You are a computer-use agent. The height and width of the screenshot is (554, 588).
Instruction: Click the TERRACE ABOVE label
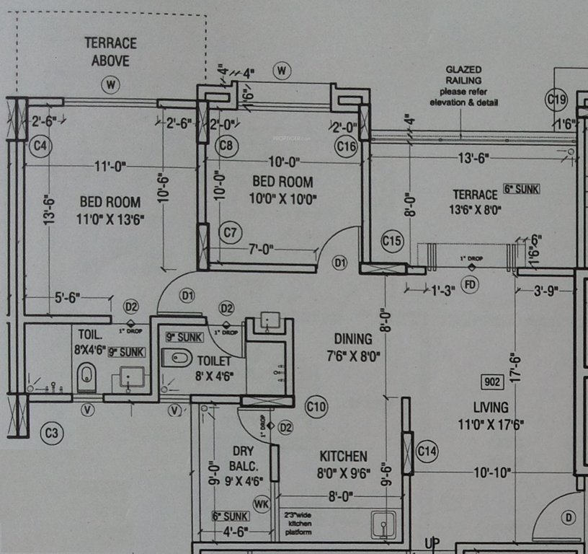coord(110,51)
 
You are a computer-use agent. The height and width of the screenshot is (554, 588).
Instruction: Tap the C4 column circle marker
coord(40,146)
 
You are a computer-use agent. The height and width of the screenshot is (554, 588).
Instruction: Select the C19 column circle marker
coord(557,100)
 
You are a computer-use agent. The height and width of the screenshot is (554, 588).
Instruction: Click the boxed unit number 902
coord(493,382)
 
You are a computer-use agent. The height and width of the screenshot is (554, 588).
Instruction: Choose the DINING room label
coord(353,347)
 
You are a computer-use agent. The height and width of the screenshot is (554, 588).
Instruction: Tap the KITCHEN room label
coord(344,457)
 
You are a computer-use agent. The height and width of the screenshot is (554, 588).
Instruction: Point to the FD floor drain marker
coord(471,285)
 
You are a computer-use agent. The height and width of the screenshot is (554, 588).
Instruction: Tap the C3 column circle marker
coord(52,434)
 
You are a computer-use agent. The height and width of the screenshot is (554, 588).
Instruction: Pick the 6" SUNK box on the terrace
coord(521,189)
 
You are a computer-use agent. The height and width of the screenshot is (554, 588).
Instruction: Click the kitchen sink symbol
coord(383,522)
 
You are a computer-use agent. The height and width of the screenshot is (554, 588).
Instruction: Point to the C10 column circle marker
coord(316,407)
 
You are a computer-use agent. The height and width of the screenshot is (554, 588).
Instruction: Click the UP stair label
coord(431,542)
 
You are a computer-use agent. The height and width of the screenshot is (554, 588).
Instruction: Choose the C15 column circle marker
coord(392,240)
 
